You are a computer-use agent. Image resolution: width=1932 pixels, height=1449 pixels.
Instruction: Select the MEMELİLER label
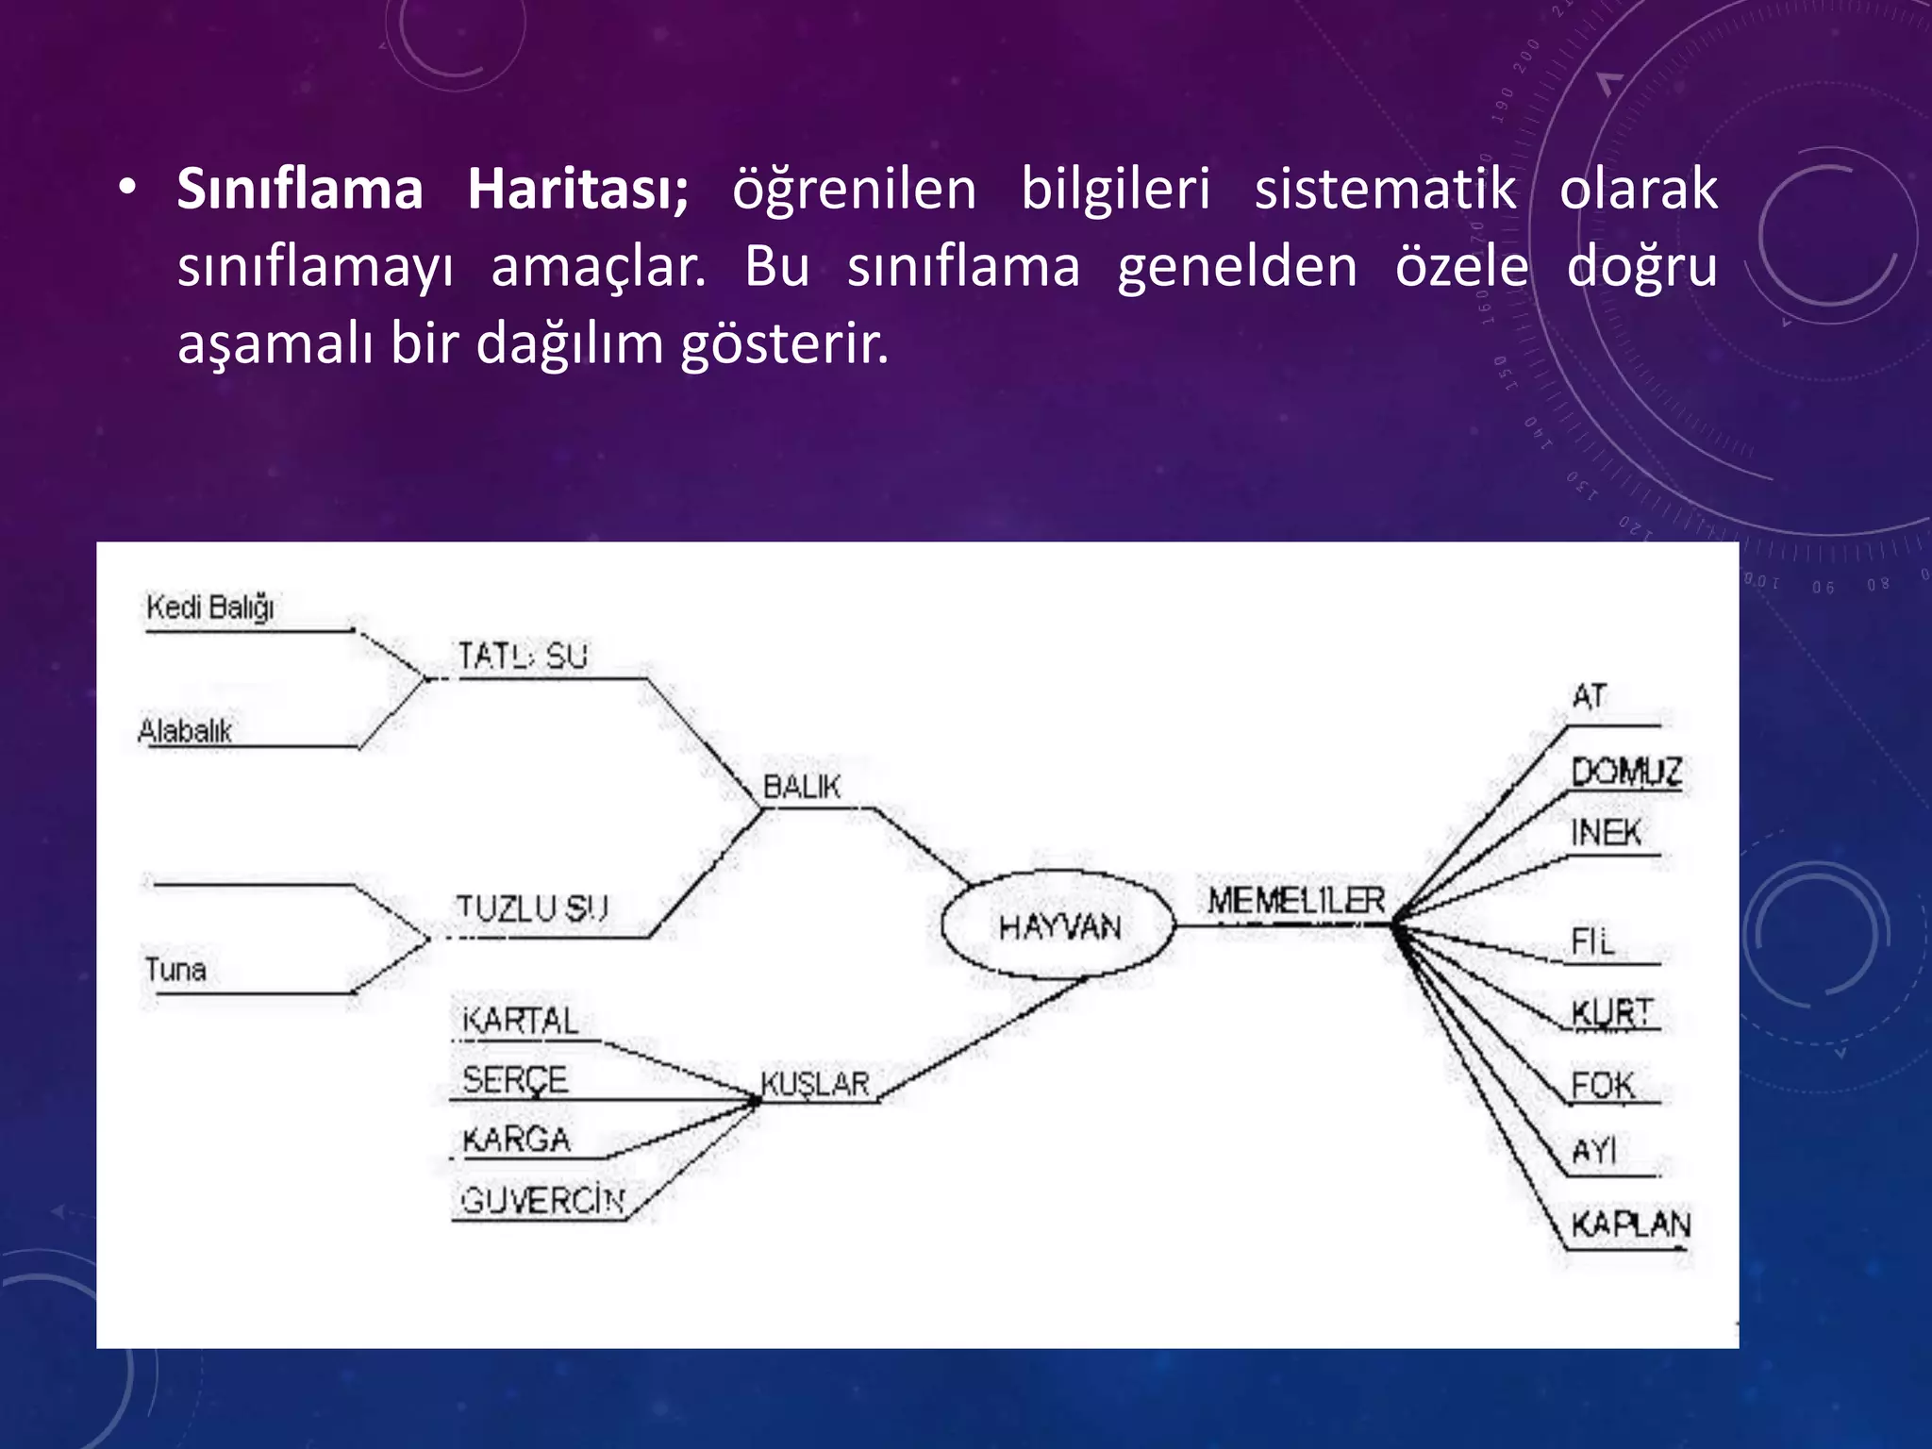pos(1296,901)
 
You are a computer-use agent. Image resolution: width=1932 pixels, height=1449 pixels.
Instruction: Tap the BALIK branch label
pos(801,787)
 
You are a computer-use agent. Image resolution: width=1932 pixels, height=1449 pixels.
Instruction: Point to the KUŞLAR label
pos(815,1084)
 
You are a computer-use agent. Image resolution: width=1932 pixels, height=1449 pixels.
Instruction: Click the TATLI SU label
pos(523,656)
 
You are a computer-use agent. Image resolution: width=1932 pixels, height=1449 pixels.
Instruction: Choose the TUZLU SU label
pos(532,908)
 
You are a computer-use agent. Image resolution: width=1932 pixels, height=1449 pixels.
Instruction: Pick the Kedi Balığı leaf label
pos(210,607)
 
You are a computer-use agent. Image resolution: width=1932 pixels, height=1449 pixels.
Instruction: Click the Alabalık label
pos(185,731)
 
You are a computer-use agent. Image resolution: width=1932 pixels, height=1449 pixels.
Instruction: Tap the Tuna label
pos(175,970)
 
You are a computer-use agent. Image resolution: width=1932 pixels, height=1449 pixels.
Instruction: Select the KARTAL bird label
pos(520,1021)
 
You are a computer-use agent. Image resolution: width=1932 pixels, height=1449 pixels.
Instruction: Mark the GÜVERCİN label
pos(542,1201)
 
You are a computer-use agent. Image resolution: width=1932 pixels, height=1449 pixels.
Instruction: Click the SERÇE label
pos(515,1079)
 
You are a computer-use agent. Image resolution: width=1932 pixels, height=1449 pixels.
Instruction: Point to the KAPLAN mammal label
pos(1630,1224)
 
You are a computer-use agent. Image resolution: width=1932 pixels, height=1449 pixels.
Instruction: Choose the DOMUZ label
pos(1625,772)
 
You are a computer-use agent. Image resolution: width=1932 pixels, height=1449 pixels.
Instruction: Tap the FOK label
pos(1602,1085)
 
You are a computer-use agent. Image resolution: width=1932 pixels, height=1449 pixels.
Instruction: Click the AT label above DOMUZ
pos(1590,697)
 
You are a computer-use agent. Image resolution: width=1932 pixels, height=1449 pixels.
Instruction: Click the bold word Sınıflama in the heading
pos(300,189)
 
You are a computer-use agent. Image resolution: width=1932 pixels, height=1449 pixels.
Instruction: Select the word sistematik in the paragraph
pos(1385,189)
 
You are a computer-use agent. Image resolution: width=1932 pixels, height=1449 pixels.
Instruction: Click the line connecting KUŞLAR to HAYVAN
pos(981,1040)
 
